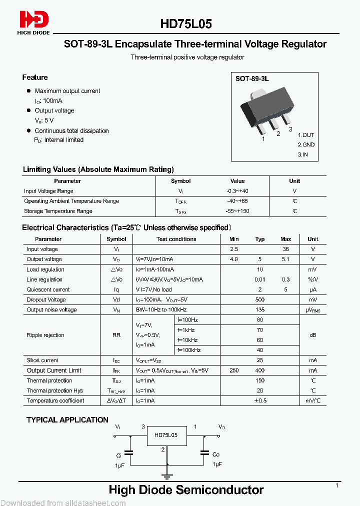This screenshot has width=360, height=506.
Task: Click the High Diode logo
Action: coord(34,22)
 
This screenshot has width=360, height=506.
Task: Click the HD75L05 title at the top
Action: coord(186,23)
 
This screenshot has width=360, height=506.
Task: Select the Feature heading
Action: coord(35,77)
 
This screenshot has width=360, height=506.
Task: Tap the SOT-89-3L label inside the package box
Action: coord(252,79)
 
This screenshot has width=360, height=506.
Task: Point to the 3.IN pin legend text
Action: coord(303,154)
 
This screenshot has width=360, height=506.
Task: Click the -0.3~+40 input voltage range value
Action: coord(237,191)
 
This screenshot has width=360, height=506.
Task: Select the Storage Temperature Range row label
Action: coord(58,211)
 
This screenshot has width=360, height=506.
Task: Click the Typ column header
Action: coord(260,239)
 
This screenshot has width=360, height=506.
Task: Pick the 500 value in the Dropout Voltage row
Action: coord(260,300)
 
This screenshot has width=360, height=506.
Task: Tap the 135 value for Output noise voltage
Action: coord(260,310)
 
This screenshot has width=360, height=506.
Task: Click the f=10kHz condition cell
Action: coord(188,340)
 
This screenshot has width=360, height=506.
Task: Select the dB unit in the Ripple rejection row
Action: coord(312,335)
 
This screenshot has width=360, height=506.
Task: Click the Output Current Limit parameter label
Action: coord(54,370)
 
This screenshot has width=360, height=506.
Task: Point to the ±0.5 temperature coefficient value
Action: coord(260,401)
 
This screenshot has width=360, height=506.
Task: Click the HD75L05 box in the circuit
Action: coord(166,435)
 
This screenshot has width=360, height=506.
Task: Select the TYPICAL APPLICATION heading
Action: coord(67,420)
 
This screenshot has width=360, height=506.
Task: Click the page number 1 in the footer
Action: coord(337,485)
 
